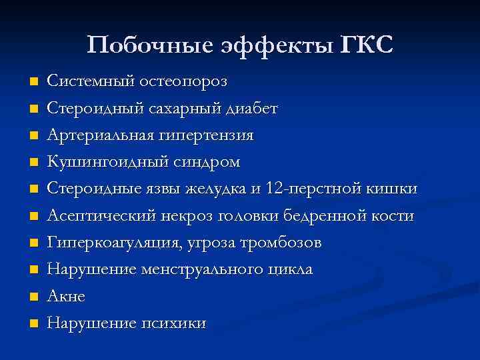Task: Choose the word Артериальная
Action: (x=99, y=135)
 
